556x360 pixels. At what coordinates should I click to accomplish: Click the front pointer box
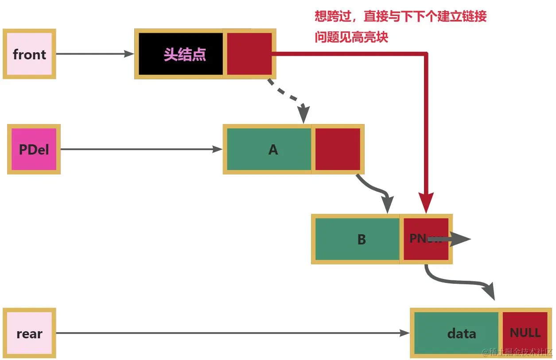click(x=29, y=54)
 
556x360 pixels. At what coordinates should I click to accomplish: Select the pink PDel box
click(x=34, y=149)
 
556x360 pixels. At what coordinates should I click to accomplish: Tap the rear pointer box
click(x=29, y=333)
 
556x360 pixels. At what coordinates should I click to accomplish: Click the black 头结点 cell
click(x=180, y=54)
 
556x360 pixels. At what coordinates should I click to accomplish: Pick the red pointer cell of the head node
click(x=249, y=54)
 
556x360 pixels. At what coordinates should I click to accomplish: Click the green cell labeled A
click(x=269, y=149)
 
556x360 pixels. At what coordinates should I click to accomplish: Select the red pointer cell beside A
click(x=338, y=149)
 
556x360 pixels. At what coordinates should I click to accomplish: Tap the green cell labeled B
click(x=357, y=239)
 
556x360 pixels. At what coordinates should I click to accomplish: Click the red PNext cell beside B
click(x=425, y=239)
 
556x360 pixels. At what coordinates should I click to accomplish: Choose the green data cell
click(x=456, y=333)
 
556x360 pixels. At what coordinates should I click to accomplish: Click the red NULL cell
click(x=525, y=333)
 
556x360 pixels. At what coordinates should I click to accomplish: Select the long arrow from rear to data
click(x=230, y=333)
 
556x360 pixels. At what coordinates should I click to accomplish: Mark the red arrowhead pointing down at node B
click(x=426, y=205)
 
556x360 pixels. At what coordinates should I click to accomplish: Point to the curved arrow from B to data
click(x=461, y=282)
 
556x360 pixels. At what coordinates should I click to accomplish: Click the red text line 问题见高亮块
click(x=351, y=37)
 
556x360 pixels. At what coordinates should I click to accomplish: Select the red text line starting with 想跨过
click(x=400, y=17)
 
